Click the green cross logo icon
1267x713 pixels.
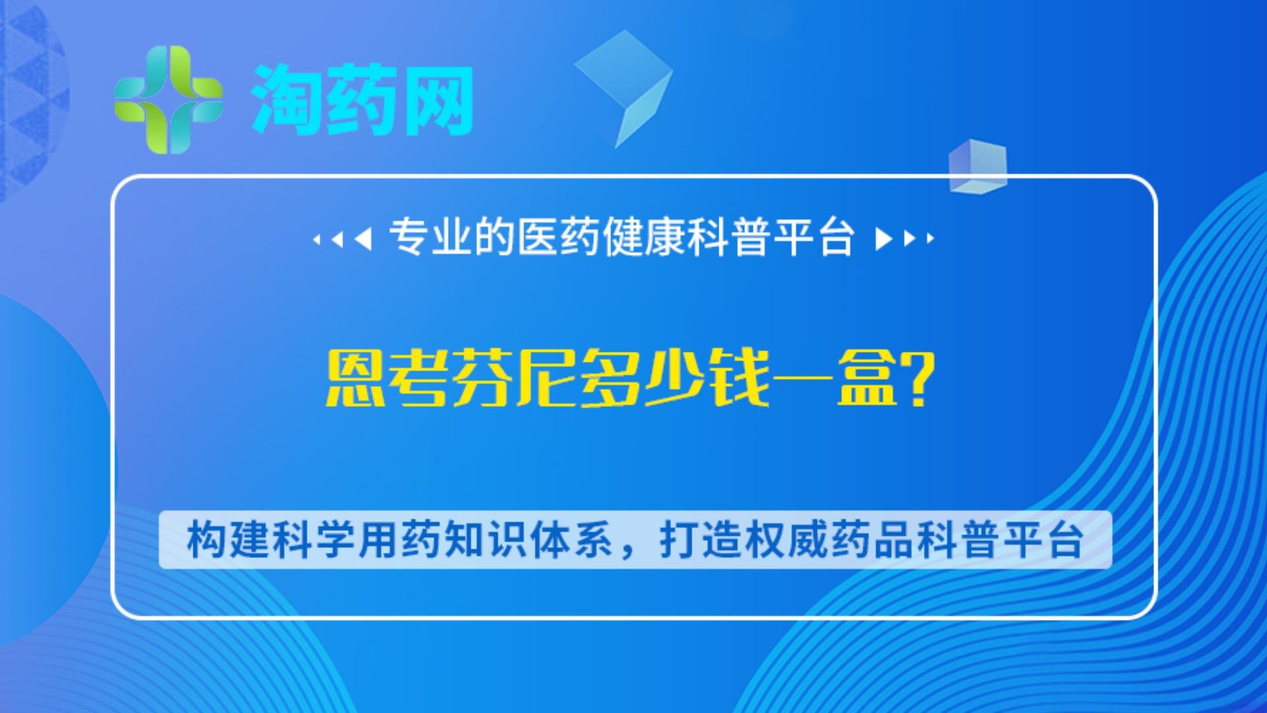[169, 100]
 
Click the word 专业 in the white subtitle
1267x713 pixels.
[431, 237]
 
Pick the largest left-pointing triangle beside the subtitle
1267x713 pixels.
[363, 238]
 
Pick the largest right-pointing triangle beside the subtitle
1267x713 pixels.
[884, 238]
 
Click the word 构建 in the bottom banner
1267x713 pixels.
[228, 540]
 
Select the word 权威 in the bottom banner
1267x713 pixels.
[787, 540]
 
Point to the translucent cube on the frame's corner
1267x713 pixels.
[978, 166]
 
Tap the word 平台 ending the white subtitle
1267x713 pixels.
[814, 237]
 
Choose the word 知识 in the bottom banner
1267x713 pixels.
[486, 540]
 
